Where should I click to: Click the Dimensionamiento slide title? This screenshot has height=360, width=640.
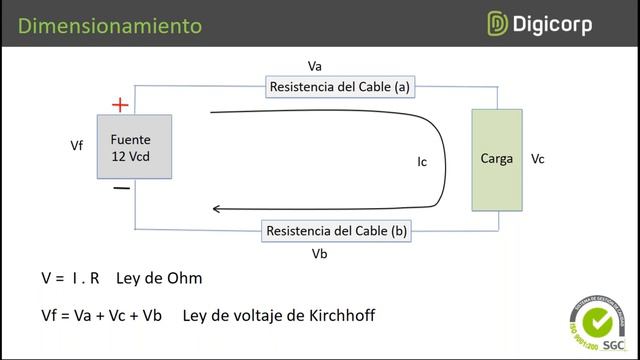pyautogui.click(x=110, y=25)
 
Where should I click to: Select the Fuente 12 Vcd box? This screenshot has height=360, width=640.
pyautogui.click(x=133, y=147)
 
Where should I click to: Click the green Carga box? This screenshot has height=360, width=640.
pyautogui.click(x=496, y=159)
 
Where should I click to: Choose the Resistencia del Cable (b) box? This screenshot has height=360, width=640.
pyautogui.click(x=336, y=231)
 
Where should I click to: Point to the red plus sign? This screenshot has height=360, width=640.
pyautogui.click(x=120, y=104)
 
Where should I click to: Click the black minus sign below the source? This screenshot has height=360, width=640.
pyautogui.click(x=121, y=187)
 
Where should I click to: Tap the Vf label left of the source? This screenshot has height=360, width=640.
pyautogui.click(x=77, y=146)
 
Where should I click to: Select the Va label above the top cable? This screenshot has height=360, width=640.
pyautogui.click(x=315, y=66)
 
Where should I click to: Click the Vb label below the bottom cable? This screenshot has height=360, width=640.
pyautogui.click(x=320, y=253)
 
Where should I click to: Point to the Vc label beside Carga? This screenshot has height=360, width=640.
pyautogui.click(x=538, y=159)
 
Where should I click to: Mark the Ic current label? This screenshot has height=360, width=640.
pyautogui.click(x=423, y=160)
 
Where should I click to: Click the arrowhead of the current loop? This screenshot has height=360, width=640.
pyautogui.click(x=218, y=209)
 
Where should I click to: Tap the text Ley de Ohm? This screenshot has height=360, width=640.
pyautogui.click(x=159, y=278)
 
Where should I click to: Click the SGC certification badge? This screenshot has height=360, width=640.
pyautogui.click(x=597, y=321)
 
